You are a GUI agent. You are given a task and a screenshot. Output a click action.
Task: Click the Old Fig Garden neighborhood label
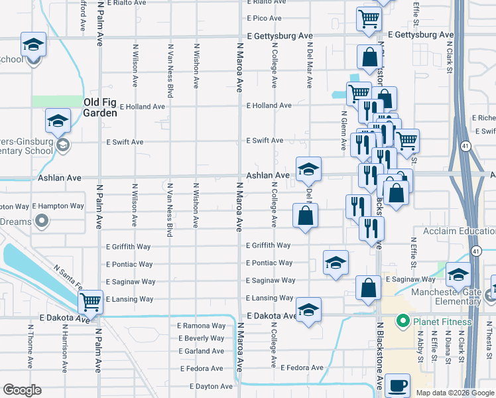pyautogui.click(x=100, y=107)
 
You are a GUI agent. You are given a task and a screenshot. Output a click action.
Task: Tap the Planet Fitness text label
pyautogui.click(x=443, y=322)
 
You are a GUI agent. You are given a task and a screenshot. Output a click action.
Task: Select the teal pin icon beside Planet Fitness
pyautogui.click(x=402, y=322)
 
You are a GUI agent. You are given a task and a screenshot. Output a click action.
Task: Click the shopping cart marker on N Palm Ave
pyautogui.click(x=90, y=302)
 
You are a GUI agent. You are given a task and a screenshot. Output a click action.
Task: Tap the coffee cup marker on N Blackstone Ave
pyautogui.click(x=397, y=385)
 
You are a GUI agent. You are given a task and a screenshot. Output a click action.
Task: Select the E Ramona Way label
pyautogui.click(x=201, y=326)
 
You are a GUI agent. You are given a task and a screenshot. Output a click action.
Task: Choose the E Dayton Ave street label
pyautogui.click(x=211, y=386)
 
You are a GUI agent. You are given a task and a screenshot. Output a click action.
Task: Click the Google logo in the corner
pyautogui.click(x=22, y=390)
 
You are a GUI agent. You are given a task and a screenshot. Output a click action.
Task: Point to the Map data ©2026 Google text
pyautogui.click(x=455, y=393)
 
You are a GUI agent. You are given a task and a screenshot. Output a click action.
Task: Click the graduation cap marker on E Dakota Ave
pyautogui.click(x=308, y=310)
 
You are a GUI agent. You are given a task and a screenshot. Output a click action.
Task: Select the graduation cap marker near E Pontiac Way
pyautogui.click(x=336, y=263)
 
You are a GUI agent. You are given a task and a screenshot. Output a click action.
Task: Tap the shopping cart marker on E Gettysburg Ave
pyautogui.click(x=368, y=19)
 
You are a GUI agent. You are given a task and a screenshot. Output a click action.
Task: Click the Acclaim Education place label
pyautogui.click(x=454, y=231)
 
